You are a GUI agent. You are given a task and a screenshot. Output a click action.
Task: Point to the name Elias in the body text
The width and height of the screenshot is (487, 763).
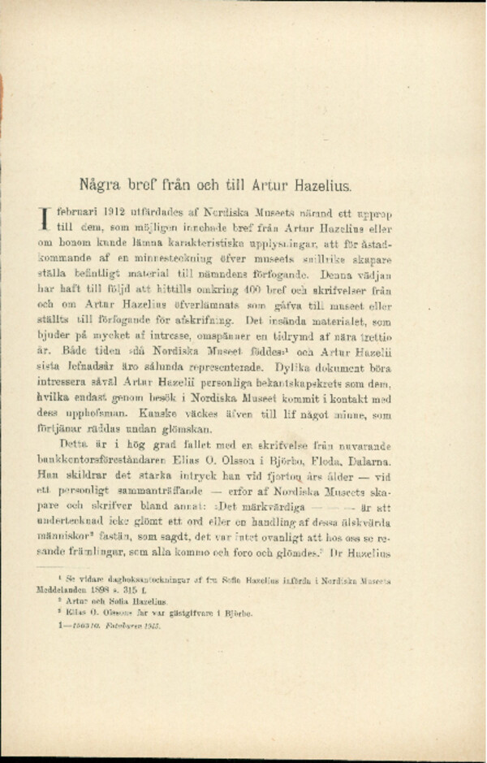pos(209,462)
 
